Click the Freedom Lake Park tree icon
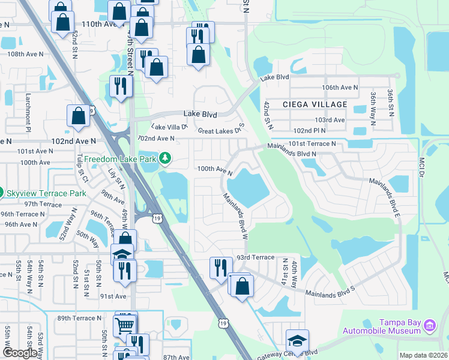[164, 158]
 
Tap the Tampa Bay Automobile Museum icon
[429, 326]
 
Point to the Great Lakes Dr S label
[221, 130]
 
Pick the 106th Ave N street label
[339, 88]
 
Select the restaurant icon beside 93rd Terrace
[221, 267]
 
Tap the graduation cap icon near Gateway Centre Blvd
[297, 340]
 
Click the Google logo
[20, 353]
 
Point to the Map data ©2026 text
[423, 355]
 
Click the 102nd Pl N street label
[310, 130]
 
